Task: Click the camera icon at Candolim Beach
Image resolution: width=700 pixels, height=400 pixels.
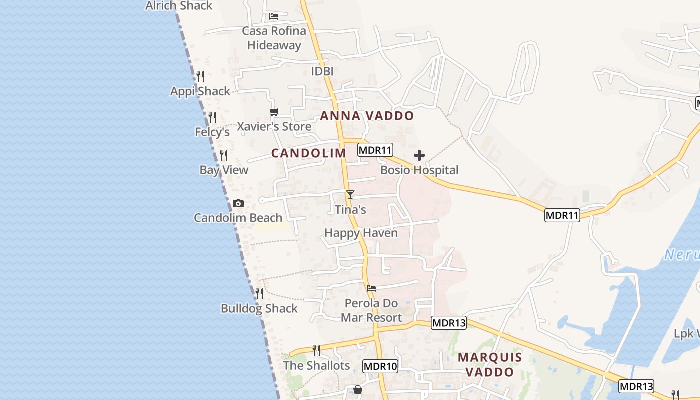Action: tap(238, 203)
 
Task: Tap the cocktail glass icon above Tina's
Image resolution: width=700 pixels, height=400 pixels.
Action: tap(350, 195)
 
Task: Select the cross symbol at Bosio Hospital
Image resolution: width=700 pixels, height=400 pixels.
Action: tap(419, 155)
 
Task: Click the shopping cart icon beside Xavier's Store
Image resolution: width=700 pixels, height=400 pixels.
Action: tap(274, 112)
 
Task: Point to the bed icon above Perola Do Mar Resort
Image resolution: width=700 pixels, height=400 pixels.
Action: tap(371, 288)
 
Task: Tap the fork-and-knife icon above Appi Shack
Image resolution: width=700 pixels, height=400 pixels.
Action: tap(200, 76)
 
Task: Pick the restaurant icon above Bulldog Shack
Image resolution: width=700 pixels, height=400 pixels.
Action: tap(259, 293)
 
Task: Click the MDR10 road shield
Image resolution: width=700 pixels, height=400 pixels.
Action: tap(380, 366)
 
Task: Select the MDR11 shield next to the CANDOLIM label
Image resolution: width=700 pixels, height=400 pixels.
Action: tap(375, 149)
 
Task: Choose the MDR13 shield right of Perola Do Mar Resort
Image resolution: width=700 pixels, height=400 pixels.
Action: tap(449, 323)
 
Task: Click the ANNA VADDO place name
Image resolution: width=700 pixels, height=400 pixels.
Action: tap(367, 116)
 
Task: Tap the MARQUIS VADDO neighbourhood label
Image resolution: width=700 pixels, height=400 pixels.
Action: tap(490, 364)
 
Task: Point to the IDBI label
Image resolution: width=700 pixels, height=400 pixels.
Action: tap(322, 71)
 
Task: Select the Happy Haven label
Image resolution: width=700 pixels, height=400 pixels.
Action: tap(361, 233)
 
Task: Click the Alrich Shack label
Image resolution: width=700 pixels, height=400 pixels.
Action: tap(179, 6)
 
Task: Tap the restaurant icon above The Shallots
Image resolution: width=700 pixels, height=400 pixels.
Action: tap(316, 350)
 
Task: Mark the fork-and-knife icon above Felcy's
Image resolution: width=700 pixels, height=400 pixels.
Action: tap(212, 117)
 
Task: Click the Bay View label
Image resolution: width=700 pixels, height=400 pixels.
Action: tap(224, 170)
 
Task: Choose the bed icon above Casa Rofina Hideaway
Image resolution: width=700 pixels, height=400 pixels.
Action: tap(273, 16)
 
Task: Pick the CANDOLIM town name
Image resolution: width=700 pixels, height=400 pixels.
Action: tap(308, 153)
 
